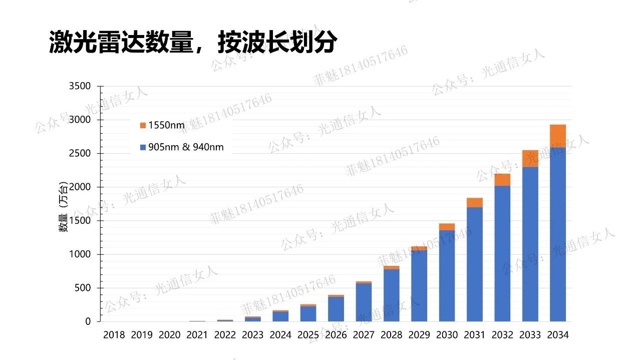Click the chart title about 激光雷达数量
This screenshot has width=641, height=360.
(x=193, y=42)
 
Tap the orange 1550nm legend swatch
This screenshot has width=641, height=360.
(x=143, y=125)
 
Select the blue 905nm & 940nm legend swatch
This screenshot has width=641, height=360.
(x=143, y=147)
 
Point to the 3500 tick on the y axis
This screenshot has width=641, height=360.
(x=80, y=86)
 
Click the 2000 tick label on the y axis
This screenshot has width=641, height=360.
(x=80, y=187)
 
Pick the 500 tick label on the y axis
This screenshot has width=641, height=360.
(x=83, y=288)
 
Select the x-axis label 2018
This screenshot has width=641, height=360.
(x=114, y=335)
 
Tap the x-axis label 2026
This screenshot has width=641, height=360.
(x=336, y=335)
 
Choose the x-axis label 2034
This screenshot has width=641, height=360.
(x=558, y=335)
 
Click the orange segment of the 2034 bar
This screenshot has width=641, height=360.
(x=558, y=136)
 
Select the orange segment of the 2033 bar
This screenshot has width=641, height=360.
(x=530, y=158)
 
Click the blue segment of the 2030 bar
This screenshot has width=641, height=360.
(x=447, y=276)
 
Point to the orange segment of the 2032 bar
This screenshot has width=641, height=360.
(x=502, y=180)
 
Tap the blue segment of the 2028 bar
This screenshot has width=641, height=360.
(x=392, y=295)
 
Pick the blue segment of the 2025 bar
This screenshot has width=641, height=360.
(x=308, y=313)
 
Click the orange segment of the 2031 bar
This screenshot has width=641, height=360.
(x=475, y=202)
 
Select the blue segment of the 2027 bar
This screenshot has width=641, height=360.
(x=364, y=302)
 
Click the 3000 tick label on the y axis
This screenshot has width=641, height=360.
(x=80, y=120)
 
